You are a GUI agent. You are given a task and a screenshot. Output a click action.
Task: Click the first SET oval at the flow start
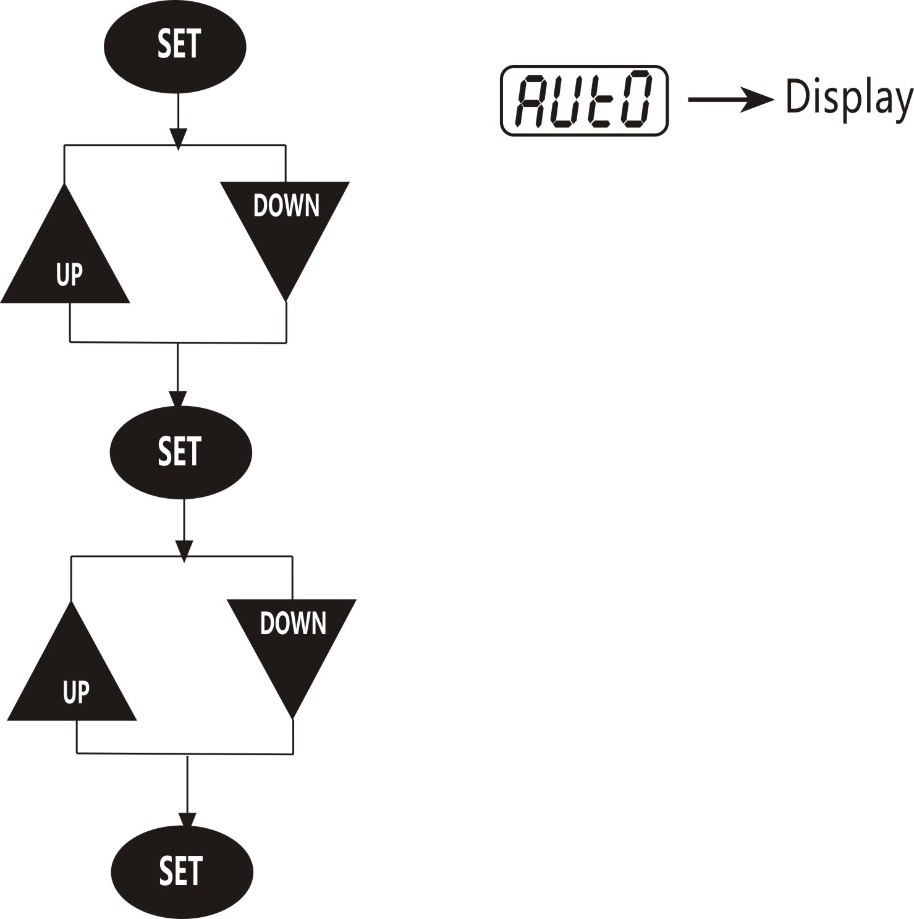(175, 46)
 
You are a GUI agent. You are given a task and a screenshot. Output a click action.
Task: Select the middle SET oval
(181, 452)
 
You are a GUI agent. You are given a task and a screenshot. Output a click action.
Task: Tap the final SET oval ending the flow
(182, 871)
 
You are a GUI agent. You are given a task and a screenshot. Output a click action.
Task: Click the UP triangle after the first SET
(65, 260)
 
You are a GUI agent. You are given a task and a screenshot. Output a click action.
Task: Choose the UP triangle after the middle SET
(72, 677)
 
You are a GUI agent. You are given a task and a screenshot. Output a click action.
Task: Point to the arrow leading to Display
(731, 100)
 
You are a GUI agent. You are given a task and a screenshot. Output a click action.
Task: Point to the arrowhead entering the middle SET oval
(177, 399)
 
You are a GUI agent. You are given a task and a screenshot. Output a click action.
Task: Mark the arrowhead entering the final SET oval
(187, 820)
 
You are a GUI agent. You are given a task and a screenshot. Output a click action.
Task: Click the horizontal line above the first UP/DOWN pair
(175, 145)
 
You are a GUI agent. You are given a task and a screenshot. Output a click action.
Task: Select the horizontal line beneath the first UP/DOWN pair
(178, 342)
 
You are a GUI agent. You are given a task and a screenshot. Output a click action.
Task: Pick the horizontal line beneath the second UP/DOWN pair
(185, 753)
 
